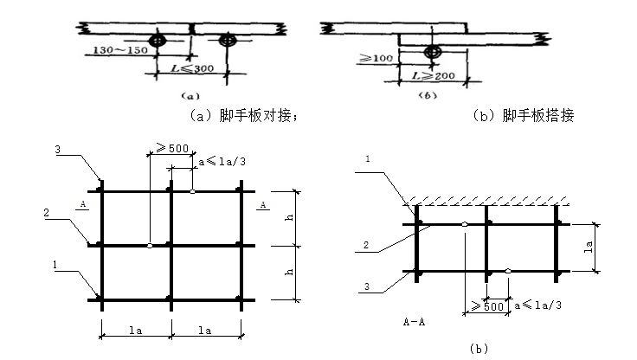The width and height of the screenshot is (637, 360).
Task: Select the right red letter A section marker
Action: tap(261, 205)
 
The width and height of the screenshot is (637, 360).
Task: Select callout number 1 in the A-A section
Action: tap(367, 158)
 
